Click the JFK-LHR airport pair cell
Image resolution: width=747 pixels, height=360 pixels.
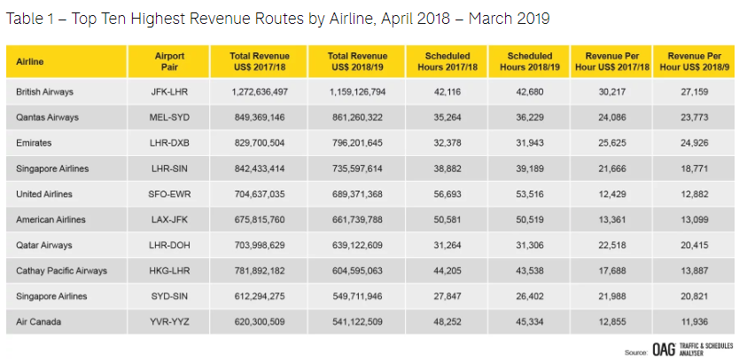(x=168, y=91)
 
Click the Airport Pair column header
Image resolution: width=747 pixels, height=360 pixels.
(x=168, y=61)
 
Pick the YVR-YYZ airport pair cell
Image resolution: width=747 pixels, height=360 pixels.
(x=168, y=322)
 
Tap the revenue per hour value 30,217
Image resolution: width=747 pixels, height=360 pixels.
(x=612, y=91)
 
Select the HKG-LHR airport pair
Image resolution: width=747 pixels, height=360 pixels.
(x=168, y=270)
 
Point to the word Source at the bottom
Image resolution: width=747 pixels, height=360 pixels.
(x=635, y=352)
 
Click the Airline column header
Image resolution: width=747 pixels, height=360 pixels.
(x=30, y=61)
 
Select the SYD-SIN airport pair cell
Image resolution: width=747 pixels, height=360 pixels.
(x=168, y=296)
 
